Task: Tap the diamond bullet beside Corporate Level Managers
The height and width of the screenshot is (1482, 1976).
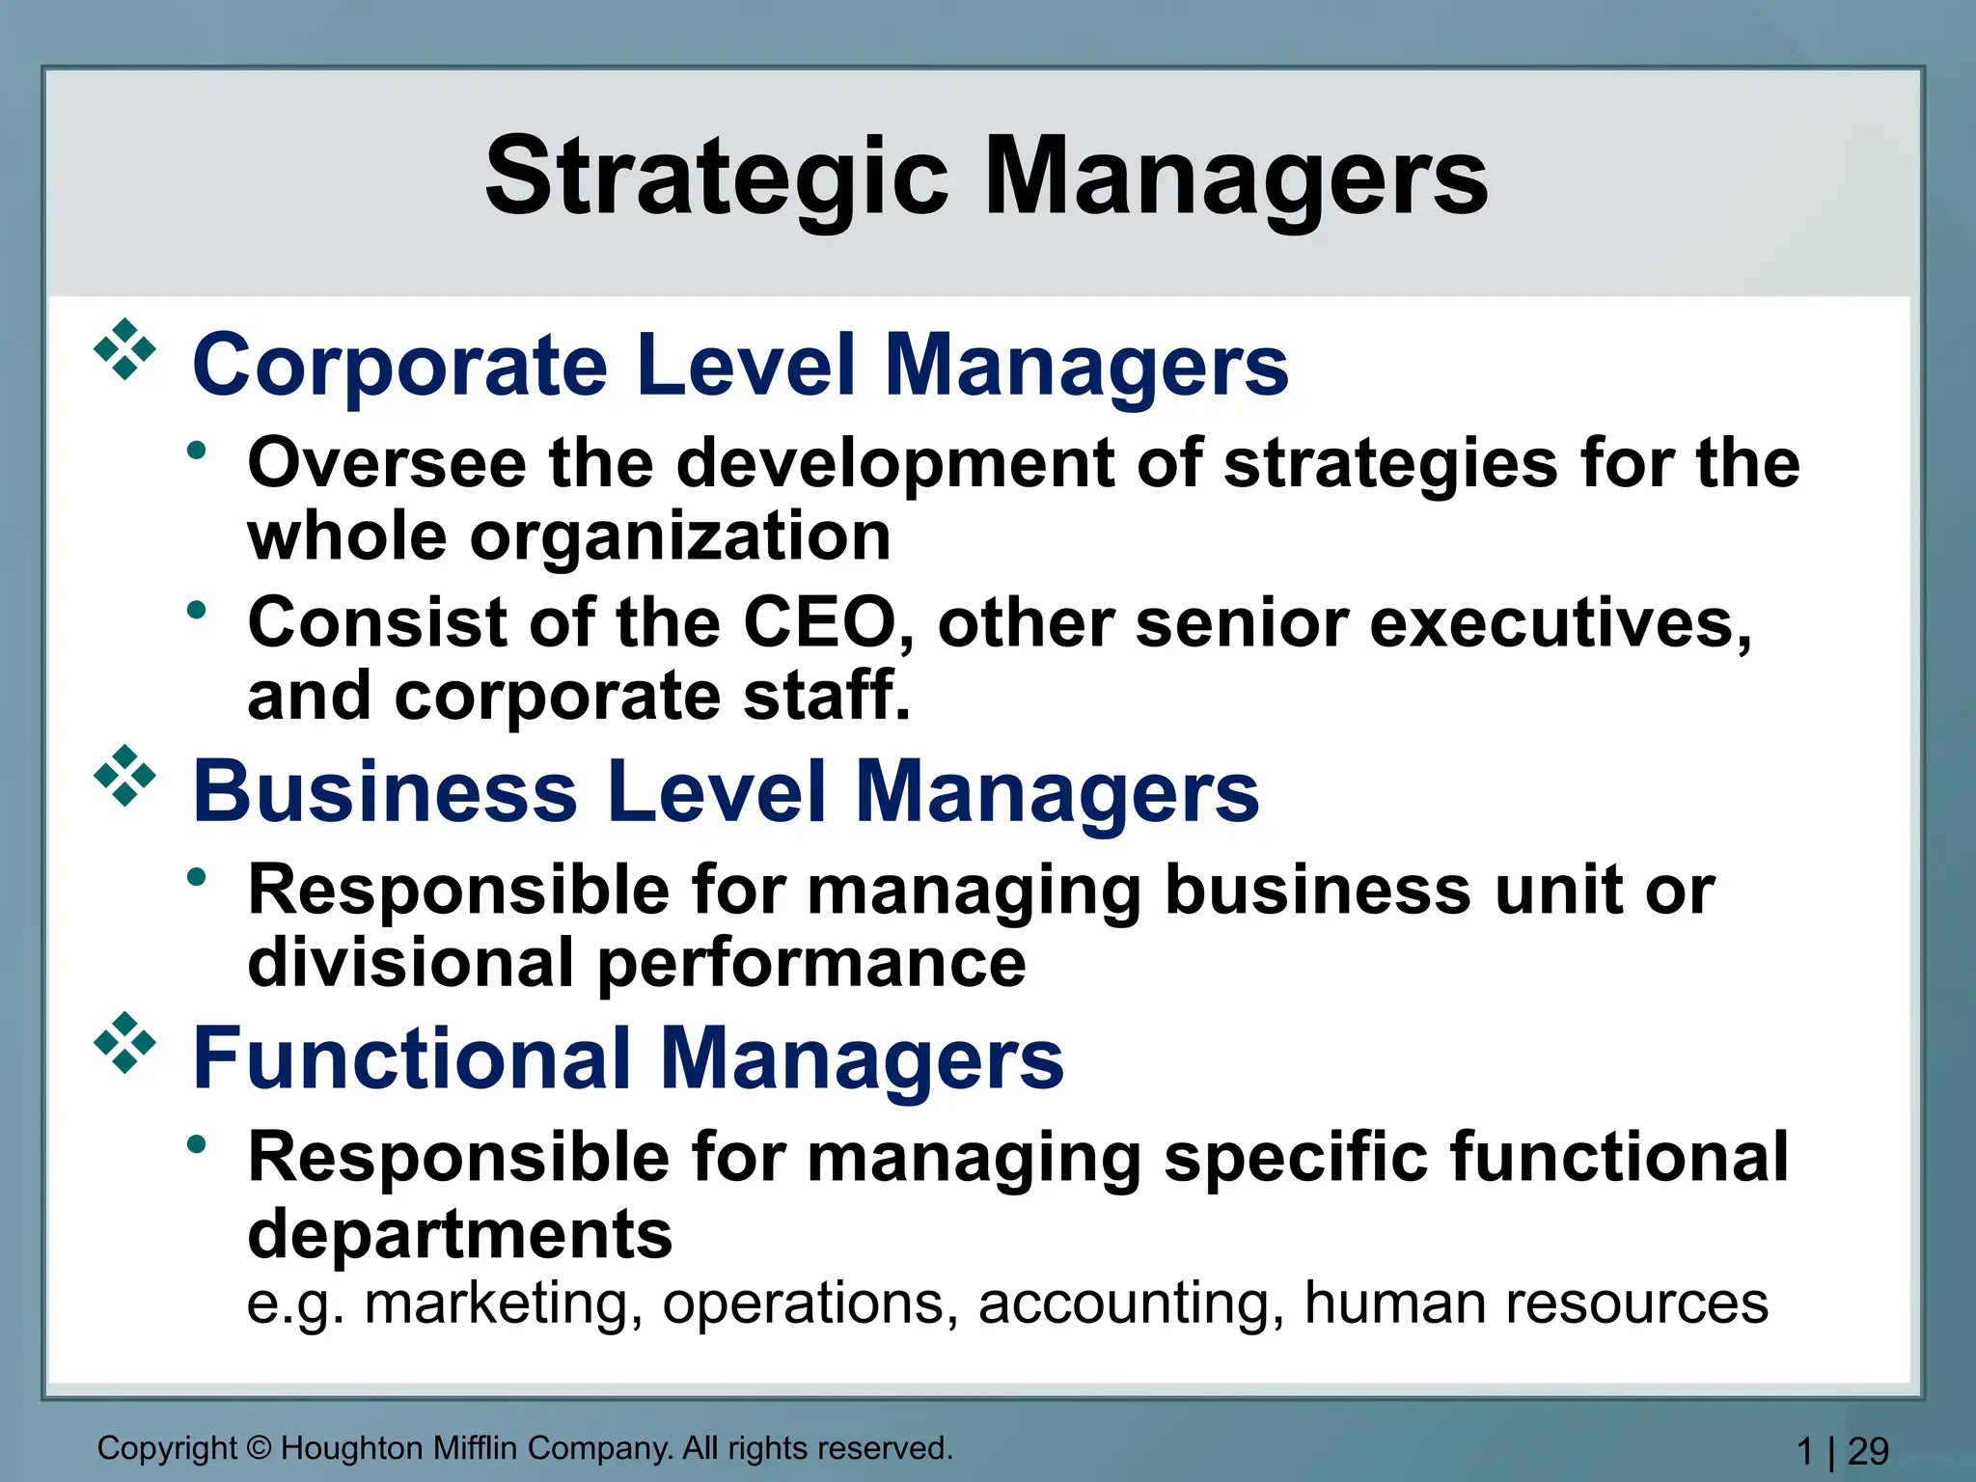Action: pos(124,349)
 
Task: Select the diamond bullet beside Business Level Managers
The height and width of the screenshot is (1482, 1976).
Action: pos(124,775)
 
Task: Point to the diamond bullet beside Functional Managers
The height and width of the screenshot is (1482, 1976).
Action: pos(124,1042)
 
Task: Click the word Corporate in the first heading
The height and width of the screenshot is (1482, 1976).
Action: pos(400,367)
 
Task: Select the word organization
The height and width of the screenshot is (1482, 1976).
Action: pos(680,536)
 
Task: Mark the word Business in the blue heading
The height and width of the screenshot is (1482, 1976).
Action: pos(385,792)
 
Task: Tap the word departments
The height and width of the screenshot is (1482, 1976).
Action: pos(460,1234)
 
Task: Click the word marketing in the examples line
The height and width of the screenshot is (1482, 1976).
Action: pos(503,1304)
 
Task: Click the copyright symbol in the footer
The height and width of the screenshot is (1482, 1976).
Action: pos(259,1449)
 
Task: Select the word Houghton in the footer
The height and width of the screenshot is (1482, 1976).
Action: pos(351,1449)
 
